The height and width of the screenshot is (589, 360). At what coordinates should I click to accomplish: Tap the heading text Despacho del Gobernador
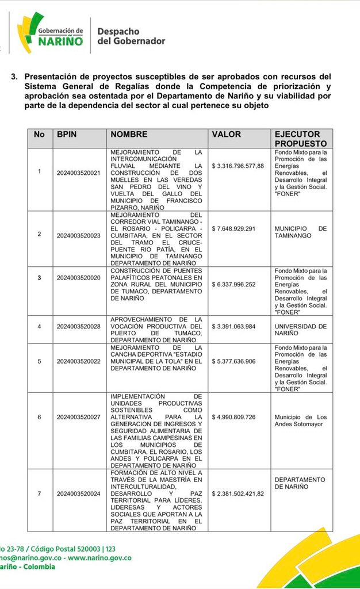[x=131, y=36]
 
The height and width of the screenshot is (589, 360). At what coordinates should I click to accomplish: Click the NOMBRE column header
[x=129, y=134]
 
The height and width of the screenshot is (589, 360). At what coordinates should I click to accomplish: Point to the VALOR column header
[x=227, y=134]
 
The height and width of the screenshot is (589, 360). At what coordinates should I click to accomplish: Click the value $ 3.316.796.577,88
[x=238, y=166]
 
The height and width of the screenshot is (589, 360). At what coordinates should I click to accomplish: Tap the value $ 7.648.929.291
[x=233, y=228]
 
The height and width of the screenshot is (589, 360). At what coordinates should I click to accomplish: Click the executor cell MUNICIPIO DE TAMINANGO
[x=300, y=232]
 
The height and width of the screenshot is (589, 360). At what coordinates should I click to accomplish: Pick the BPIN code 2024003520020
[x=78, y=277]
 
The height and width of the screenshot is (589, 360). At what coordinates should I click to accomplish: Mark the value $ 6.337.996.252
[x=233, y=284]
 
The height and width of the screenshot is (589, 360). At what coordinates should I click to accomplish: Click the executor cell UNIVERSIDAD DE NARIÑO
[x=300, y=330]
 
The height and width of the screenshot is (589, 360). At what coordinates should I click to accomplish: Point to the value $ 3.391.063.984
[x=233, y=326]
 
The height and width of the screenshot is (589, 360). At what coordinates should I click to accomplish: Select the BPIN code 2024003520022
[x=78, y=361]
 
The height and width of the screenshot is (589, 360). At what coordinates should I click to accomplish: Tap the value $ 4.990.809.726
[x=233, y=416]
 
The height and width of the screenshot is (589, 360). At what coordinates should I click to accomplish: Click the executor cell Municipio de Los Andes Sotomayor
[x=300, y=420]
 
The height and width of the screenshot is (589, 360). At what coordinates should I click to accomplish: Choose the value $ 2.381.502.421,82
[x=238, y=494]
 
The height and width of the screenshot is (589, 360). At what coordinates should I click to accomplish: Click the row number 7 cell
[x=39, y=494]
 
